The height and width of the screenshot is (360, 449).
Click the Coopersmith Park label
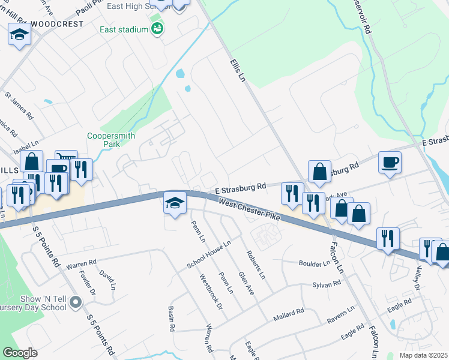[104, 140]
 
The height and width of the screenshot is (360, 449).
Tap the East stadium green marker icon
[157, 29]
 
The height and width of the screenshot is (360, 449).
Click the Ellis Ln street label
[238, 71]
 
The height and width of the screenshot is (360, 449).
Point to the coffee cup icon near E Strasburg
[390, 162]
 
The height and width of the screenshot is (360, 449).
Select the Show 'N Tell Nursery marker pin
[75, 303]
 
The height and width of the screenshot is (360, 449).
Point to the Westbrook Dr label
[211, 292]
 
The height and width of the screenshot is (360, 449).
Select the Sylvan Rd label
[327, 284]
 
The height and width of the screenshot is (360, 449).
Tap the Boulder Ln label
[314, 263]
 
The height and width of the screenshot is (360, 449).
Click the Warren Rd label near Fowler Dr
[81, 263]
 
